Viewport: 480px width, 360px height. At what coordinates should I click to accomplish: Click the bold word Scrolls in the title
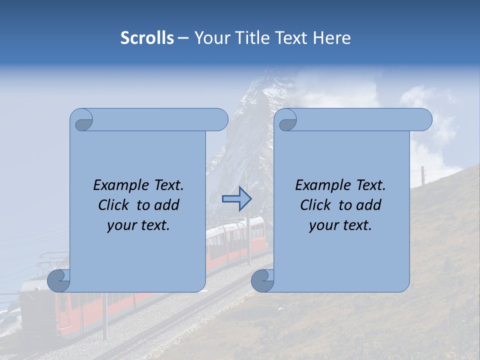147,38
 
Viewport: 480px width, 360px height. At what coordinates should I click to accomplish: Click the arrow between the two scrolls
236,199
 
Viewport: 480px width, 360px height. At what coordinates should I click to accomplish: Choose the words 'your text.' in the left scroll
138,225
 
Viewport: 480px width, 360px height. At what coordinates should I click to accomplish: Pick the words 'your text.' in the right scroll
340,225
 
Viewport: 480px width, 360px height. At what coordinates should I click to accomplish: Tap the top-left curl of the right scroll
287,120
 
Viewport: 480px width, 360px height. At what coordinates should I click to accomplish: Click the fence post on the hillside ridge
423,176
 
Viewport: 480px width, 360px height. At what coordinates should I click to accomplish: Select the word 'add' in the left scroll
167,205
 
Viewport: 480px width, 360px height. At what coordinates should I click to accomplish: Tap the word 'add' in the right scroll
369,205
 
